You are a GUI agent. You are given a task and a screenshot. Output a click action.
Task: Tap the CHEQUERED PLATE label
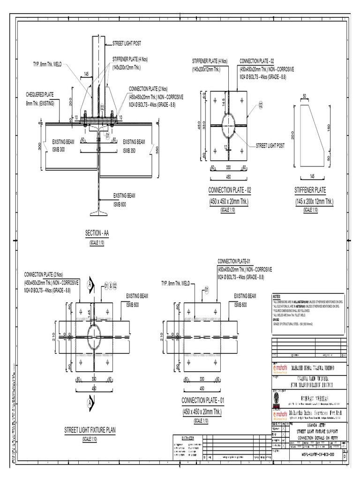click(x=40, y=95)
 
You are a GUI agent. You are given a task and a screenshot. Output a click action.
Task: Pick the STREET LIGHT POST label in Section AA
click(x=127, y=43)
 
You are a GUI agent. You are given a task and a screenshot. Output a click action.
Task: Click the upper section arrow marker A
click(x=90, y=285)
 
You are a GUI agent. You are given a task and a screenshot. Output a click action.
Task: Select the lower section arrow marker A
click(x=90, y=403)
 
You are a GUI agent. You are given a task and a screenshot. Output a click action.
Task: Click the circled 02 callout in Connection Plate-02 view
click(x=261, y=104)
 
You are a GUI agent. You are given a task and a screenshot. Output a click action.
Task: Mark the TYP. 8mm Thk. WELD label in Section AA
click(x=47, y=64)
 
